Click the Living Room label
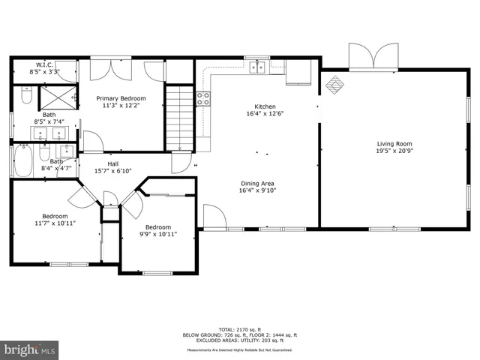[x=394, y=144]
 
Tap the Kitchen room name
[x=265, y=106]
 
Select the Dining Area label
[x=256, y=184]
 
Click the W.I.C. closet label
[x=43, y=64]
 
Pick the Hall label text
[x=112, y=163]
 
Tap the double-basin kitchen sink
[x=258, y=67]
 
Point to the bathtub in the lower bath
[x=23, y=161]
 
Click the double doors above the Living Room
[x=374, y=57]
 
